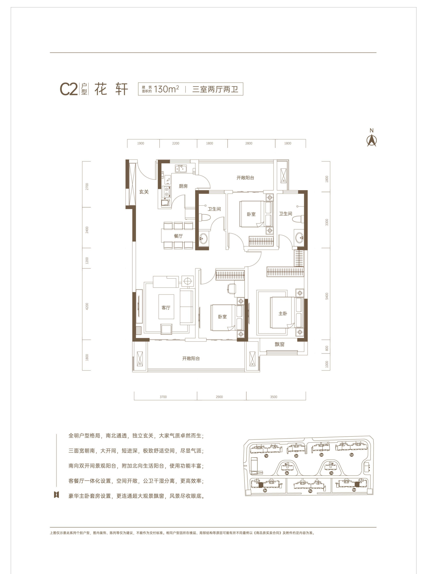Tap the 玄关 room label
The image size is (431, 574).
[x=144, y=192]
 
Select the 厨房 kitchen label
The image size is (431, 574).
[x=183, y=186]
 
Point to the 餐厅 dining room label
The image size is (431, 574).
[x=178, y=236]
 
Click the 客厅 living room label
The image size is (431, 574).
[x=166, y=308]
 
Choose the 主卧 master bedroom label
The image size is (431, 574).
[x=283, y=314]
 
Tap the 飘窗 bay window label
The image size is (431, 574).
[x=280, y=344]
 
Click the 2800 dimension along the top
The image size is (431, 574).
[x=249, y=143]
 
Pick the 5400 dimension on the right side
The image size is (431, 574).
[x=327, y=296]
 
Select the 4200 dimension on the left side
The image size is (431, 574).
[x=87, y=306]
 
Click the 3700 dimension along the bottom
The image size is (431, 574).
[x=163, y=397]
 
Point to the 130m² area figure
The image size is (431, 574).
[x=166, y=89]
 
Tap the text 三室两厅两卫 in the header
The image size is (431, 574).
[x=215, y=89]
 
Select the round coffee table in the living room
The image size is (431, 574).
[x=188, y=281]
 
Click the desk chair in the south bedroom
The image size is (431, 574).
[x=232, y=289]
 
